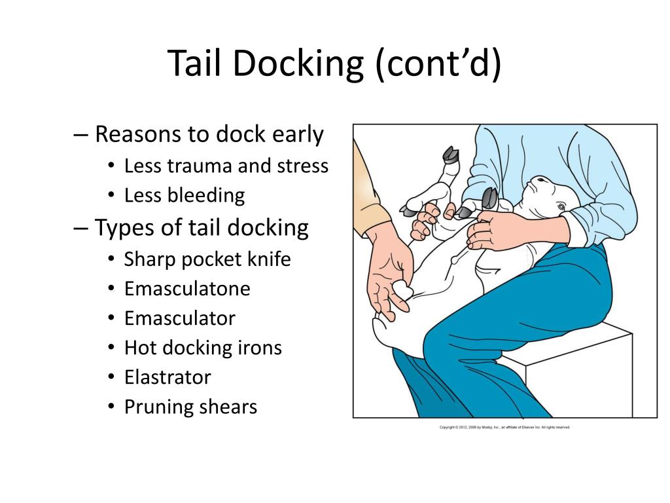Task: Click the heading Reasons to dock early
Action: [209, 135]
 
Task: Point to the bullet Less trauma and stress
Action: [226, 166]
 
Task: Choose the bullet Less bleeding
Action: [185, 195]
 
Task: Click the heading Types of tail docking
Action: [202, 228]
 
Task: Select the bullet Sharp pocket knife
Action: [207, 259]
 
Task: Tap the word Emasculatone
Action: [187, 289]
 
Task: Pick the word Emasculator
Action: [179, 318]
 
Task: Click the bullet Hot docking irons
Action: [203, 348]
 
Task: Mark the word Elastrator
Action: [167, 377]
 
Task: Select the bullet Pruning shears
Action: [190, 407]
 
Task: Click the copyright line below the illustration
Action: [504, 428]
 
